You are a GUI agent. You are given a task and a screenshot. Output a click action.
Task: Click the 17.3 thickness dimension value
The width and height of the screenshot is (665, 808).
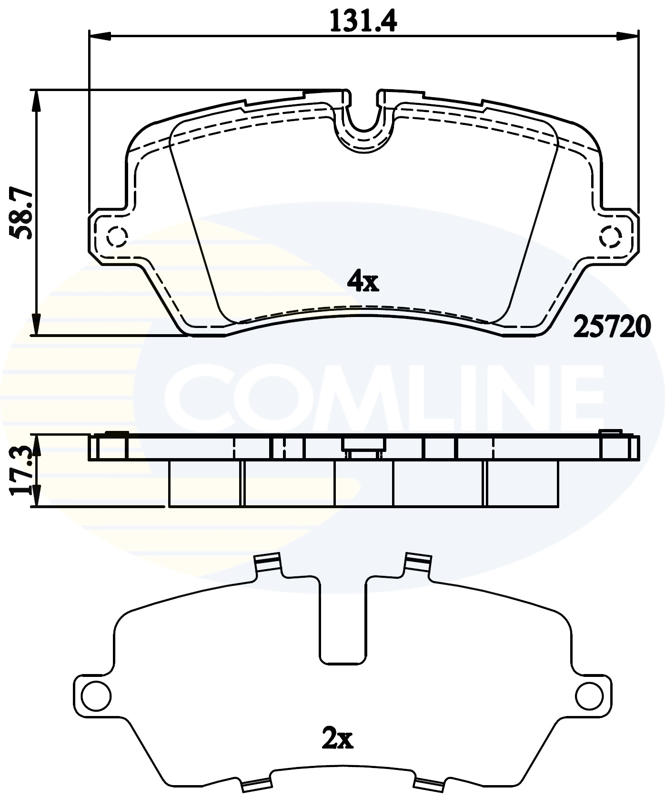tap(22, 470)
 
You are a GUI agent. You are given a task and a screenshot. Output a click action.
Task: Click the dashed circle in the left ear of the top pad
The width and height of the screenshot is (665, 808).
tap(116, 236)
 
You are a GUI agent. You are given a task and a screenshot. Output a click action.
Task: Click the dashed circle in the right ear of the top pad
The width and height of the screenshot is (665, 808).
tap(611, 236)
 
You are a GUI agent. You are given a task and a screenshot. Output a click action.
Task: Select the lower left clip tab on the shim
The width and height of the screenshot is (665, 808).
tap(256, 783)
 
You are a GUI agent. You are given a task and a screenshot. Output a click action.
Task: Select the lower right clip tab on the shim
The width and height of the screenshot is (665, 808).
tap(429, 783)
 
